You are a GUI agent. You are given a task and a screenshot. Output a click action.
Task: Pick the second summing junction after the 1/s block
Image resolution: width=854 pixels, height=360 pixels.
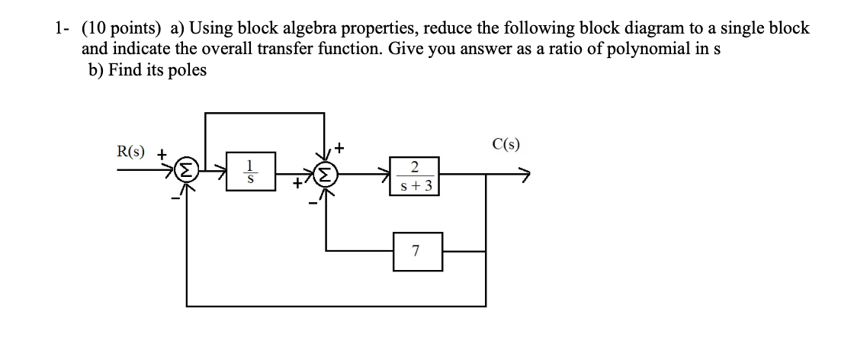(x=326, y=176)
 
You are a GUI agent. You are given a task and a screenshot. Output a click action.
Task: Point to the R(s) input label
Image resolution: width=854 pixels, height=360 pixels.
(x=134, y=151)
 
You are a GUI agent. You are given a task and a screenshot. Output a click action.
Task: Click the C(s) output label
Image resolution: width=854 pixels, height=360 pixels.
(x=507, y=145)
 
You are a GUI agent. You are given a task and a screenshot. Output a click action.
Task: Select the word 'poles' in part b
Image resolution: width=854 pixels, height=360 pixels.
(x=188, y=70)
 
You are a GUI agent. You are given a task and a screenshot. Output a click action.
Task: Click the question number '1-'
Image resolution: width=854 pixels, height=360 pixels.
(x=62, y=29)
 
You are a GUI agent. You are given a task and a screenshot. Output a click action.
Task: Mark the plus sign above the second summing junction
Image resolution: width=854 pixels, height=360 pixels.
(x=339, y=145)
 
